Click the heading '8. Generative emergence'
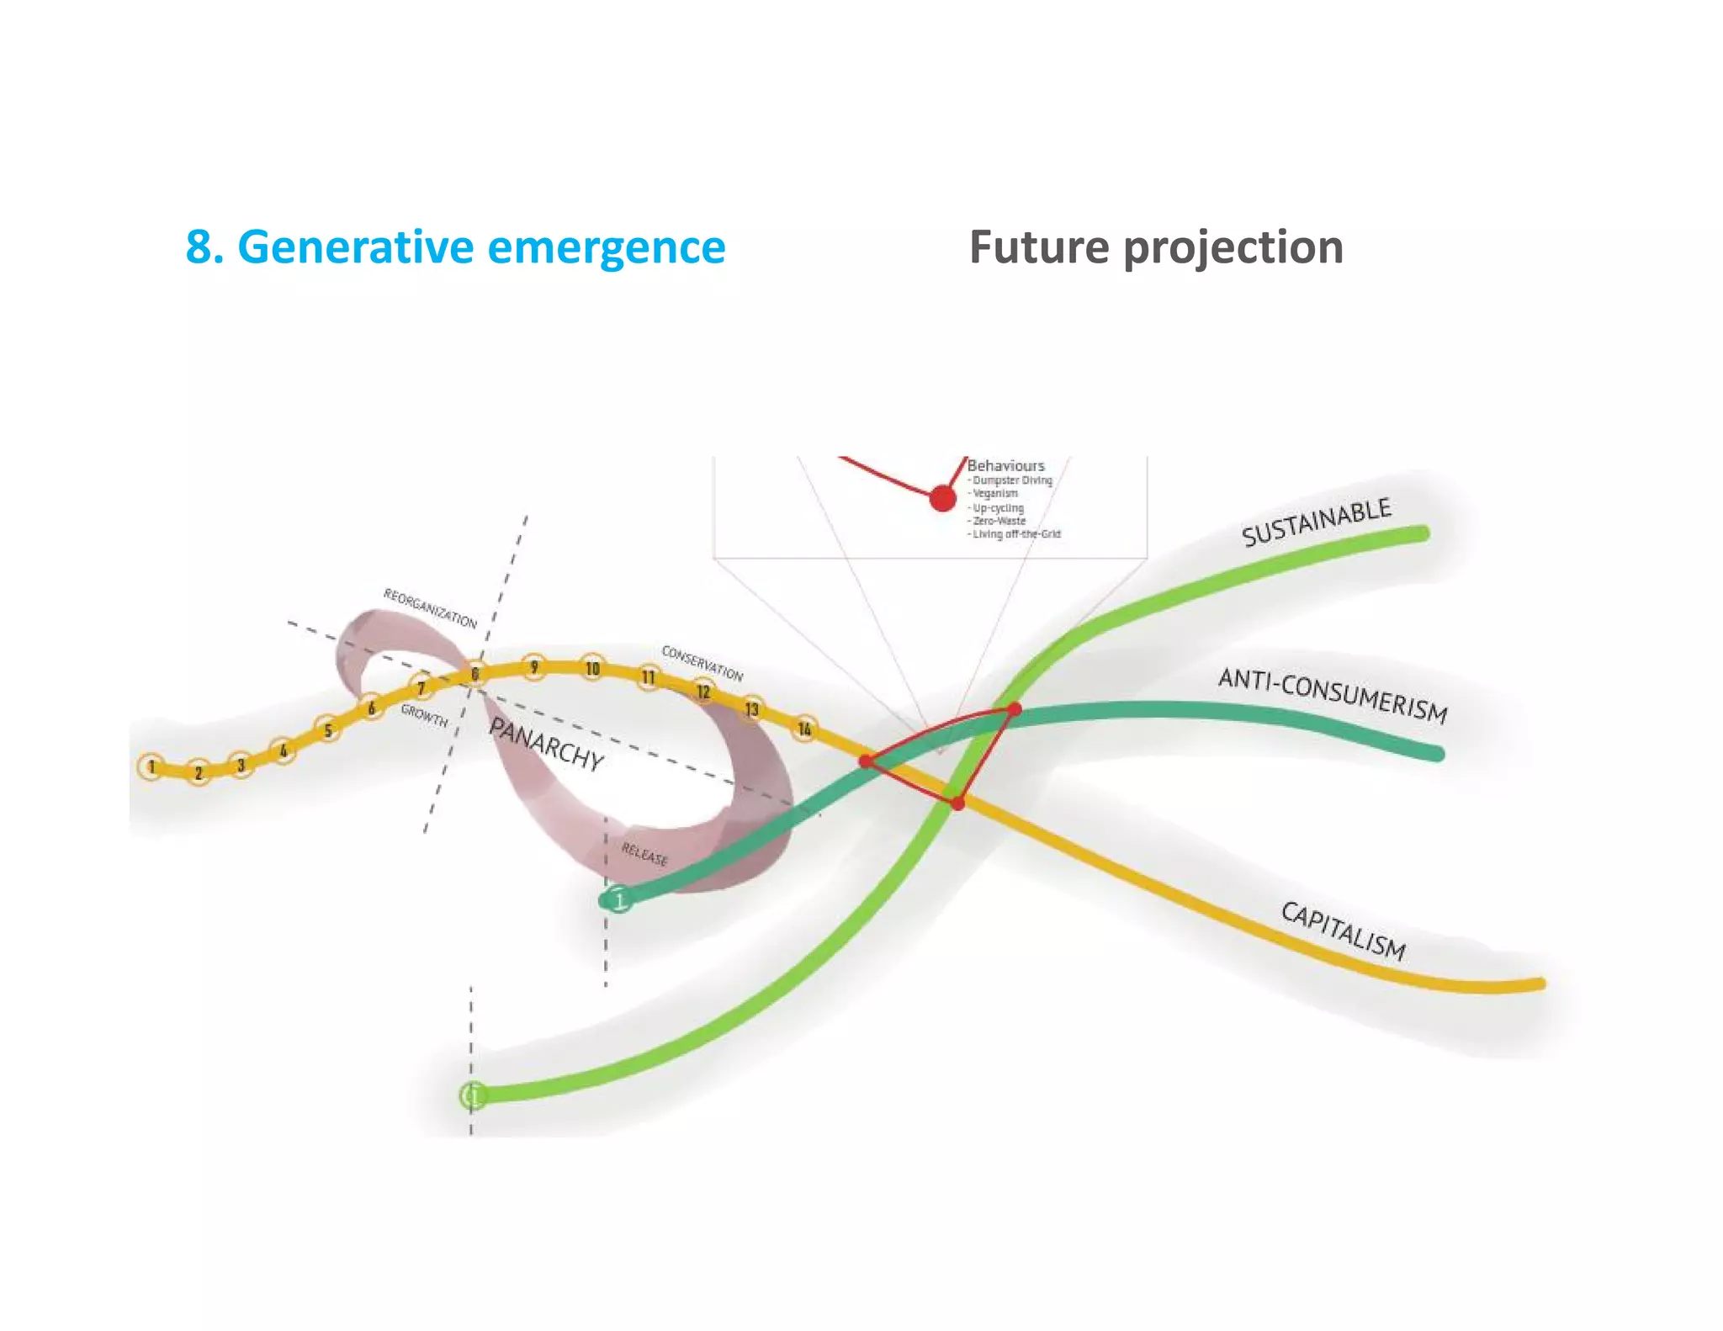[x=455, y=247]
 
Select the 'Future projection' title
[x=1156, y=247]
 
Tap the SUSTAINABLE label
[x=1316, y=522]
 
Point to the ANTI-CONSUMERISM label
[x=1333, y=695]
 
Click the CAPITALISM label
[x=1343, y=931]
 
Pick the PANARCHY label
[x=547, y=745]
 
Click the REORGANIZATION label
[x=430, y=608]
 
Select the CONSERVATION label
[x=702, y=663]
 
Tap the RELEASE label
[x=644, y=854]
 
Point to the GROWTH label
[x=424, y=716]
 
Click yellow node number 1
[x=151, y=766]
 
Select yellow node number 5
[x=328, y=729]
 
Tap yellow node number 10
[x=593, y=668]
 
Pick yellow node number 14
[x=805, y=729]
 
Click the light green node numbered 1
[x=474, y=1095]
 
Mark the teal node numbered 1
[x=619, y=900]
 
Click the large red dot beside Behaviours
[x=943, y=498]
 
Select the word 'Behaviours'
[x=1005, y=465]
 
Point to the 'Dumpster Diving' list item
[x=1012, y=480]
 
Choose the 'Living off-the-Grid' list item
[x=1016, y=534]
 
